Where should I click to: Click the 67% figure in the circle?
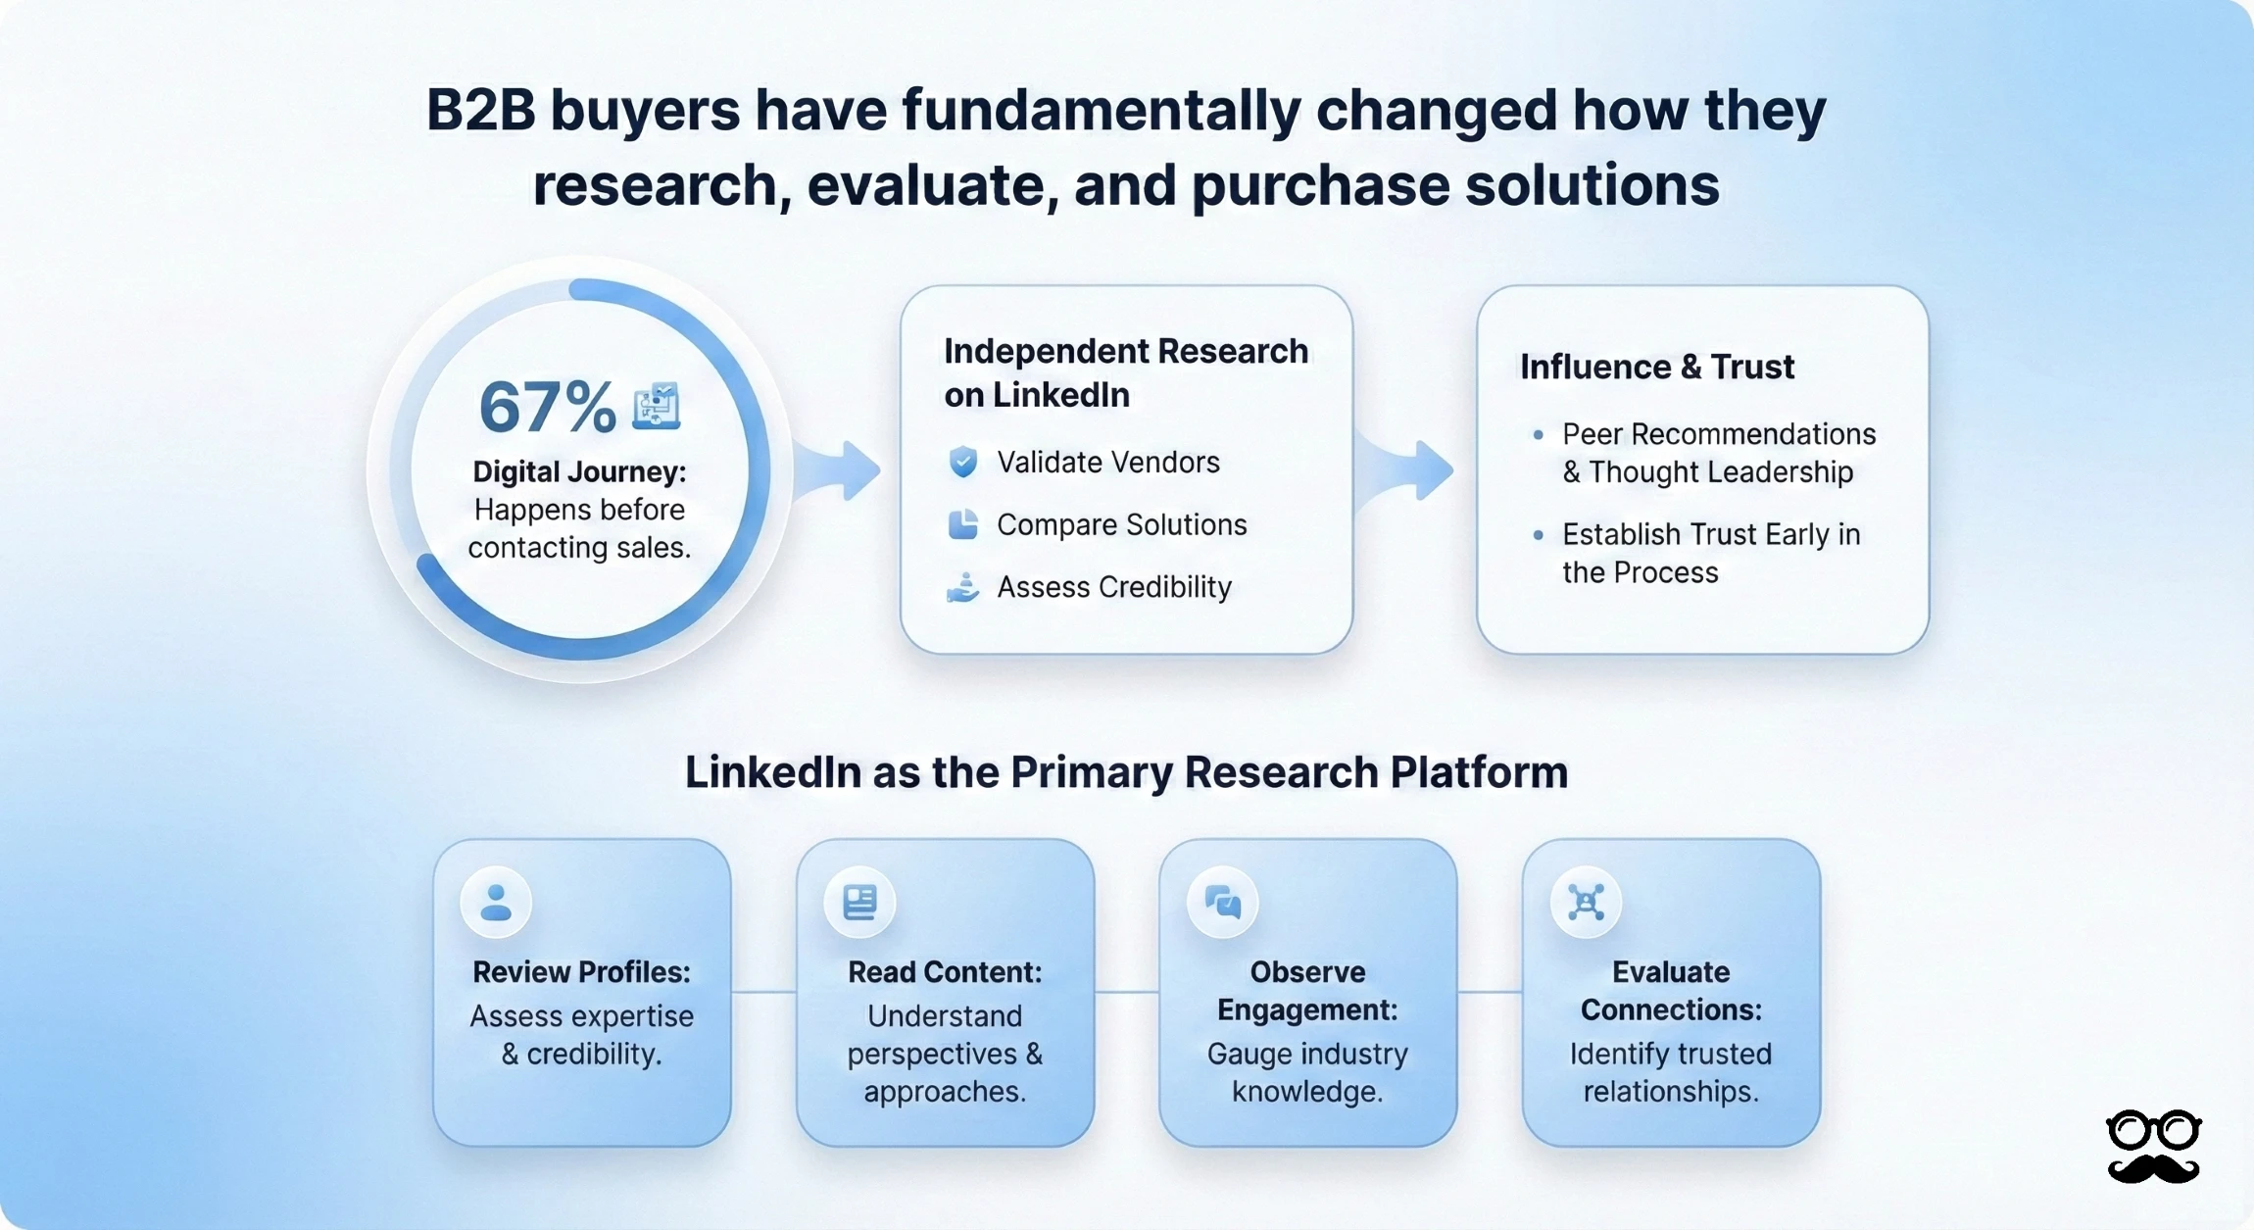[x=546, y=407]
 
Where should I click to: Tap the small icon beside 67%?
[x=656, y=406]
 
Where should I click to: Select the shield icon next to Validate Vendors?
[x=963, y=462]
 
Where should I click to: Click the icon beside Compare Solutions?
[x=963, y=524]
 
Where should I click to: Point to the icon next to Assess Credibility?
[x=963, y=587]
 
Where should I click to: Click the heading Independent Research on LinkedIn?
[x=1125, y=372]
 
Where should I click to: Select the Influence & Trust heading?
[x=1656, y=367]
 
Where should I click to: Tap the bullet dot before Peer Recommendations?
[x=1538, y=434]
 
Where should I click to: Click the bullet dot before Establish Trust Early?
[x=1538, y=535]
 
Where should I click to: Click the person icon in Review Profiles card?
[x=496, y=902]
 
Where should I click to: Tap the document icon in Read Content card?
[x=859, y=902]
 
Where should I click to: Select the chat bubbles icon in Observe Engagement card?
[x=1222, y=902]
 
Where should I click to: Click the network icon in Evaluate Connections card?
[x=1586, y=902]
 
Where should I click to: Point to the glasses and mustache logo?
[x=2153, y=1147]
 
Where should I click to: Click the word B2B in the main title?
[x=480, y=110]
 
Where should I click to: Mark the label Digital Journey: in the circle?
[x=579, y=471]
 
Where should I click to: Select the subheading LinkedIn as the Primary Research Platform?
[x=1126, y=772]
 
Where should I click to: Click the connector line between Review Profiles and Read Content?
[x=763, y=992]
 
